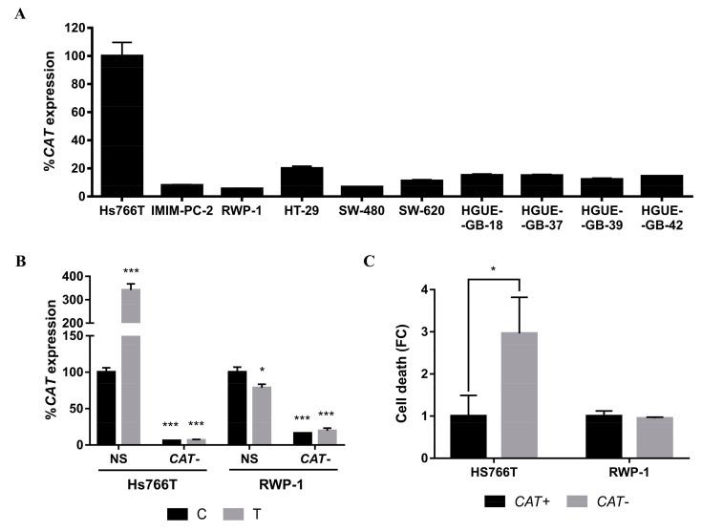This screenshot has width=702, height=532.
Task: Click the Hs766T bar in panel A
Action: [x=121, y=125]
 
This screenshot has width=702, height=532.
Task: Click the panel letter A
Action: [x=18, y=13]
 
